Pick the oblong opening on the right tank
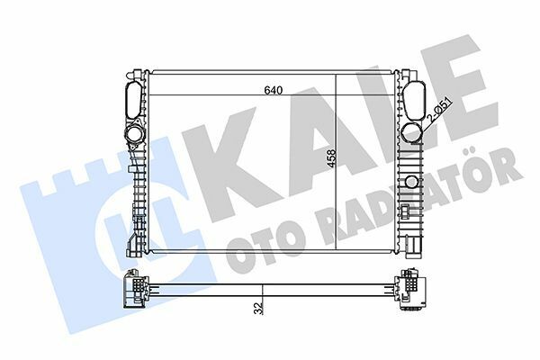coord(416,96)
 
